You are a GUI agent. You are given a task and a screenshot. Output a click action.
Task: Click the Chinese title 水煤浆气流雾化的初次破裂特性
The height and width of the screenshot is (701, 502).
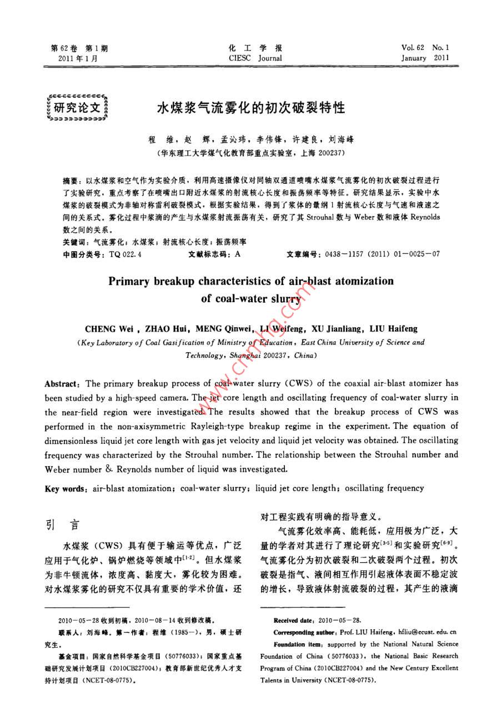pyautogui.click(x=251, y=107)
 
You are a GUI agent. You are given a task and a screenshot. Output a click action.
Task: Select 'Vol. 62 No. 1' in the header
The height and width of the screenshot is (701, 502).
pyautogui.click(x=425, y=48)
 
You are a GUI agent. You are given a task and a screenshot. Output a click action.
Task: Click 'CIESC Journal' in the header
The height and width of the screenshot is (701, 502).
pyautogui.click(x=255, y=58)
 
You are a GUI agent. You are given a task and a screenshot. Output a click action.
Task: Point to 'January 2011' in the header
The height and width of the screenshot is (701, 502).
pyautogui.click(x=425, y=58)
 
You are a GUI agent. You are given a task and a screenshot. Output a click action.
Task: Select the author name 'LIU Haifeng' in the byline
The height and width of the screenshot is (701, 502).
pyautogui.click(x=393, y=329)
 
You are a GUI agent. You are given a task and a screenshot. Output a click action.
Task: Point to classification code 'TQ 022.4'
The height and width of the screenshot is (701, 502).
pyautogui.click(x=125, y=254)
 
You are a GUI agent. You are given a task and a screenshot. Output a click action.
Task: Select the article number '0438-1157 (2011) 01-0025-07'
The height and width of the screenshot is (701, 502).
pyautogui.click(x=380, y=254)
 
